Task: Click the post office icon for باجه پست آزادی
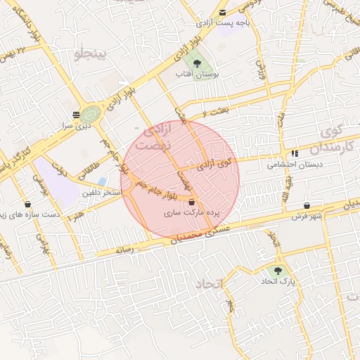pyautogui.click(x=223, y=13)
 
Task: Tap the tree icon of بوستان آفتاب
pyautogui.click(x=207, y=63)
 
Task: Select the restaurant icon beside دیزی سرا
pyautogui.click(x=76, y=114)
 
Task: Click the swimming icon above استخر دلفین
pyautogui.click(x=103, y=181)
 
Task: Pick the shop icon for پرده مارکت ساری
pyautogui.click(x=192, y=202)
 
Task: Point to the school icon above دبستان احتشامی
pyautogui.click(x=294, y=153)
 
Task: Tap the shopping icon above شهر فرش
pyautogui.click(x=307, y=205)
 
